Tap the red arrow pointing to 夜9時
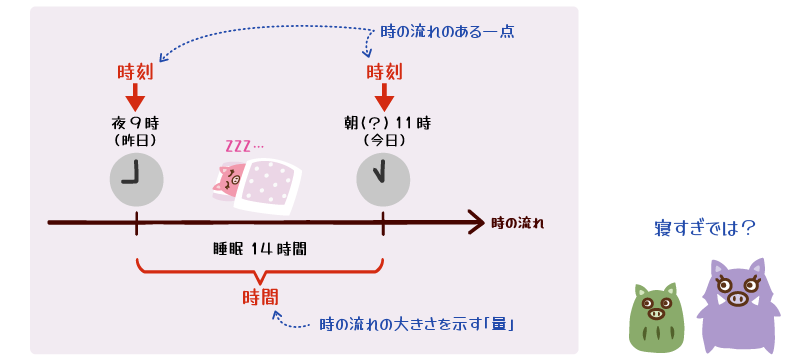click(x=135, y=98)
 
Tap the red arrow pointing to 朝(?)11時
click(x=384, y=98)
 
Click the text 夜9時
click(x=135, y=123)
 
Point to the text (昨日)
click(x=135, y=141)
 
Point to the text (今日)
click(x=384, y=141)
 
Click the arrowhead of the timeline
click(x=475, y=221)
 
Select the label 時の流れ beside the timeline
click(x=518, y=221)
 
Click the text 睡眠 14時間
click(x=260, y=247)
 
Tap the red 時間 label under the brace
click(x=260, y=297)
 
